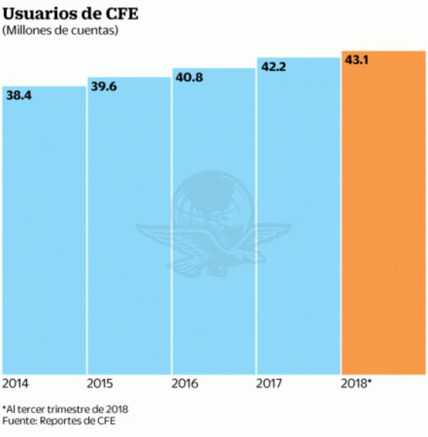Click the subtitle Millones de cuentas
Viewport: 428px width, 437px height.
(60, 30)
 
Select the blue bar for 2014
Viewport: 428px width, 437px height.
(44, 233)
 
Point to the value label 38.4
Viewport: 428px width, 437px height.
(19, 95)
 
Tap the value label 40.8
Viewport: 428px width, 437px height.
(189, 77)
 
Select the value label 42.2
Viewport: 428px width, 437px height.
(273, 67)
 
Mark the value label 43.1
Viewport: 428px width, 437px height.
(358, 60)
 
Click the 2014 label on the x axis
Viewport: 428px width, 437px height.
(15, 383)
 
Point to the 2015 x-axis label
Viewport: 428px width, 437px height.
(99, 383)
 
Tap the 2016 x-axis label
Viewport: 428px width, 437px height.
(184, 383)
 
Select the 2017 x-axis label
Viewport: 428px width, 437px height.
(269, 383)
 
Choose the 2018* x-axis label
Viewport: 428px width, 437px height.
(356, 383)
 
